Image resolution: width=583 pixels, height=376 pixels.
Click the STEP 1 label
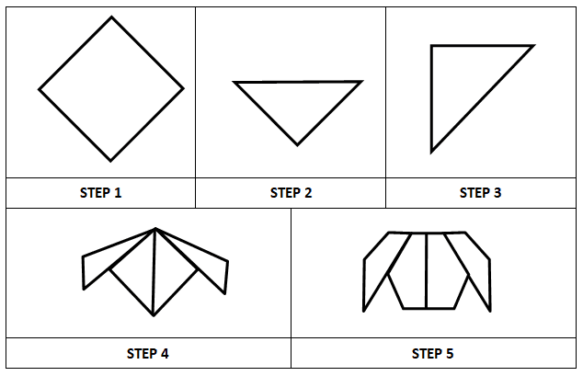click(101, 193)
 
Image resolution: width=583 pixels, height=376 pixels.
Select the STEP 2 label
click(291, 193)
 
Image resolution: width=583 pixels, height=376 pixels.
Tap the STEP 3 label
click(480, 193)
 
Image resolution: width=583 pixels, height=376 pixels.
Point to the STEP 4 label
click(147, 353)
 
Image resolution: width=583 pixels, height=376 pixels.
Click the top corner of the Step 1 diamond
click(112, 17)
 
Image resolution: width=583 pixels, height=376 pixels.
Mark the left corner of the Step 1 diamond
click(40, 90)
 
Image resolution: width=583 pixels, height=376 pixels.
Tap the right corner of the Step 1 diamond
click(183, 89)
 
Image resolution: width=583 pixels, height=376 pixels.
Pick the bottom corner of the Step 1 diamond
click(110, 160)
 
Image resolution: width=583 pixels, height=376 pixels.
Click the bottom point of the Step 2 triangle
click(297, 144)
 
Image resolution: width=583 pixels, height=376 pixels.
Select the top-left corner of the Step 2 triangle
click(235, 83)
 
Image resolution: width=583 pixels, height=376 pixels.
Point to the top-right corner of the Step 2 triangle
click(360, 82)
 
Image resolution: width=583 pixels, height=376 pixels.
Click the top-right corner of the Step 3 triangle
click(532, 45)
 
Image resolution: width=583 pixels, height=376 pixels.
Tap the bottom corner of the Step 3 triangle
click(431, 152)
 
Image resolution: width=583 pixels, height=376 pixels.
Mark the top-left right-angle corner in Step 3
click(431, 46)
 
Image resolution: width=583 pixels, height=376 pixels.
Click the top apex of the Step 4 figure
click(155, 229)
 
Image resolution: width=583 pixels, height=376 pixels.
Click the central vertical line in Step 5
click(426, 271)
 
